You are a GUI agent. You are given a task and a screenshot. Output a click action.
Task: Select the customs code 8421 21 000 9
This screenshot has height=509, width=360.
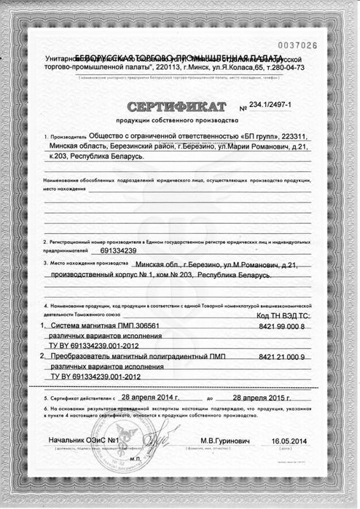coord(281,359)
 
